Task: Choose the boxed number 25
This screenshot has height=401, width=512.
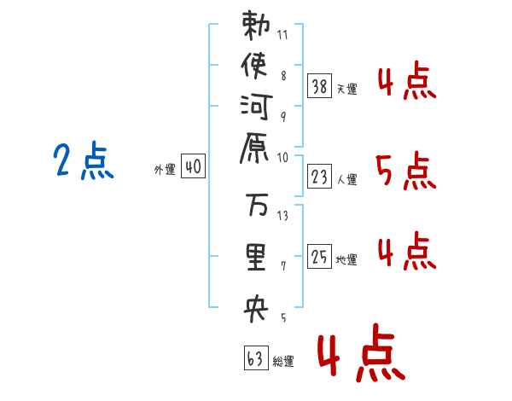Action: pyautogui.click(x=319, y=256)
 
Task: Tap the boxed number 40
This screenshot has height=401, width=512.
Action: pyautogui.click(x=193, y=168)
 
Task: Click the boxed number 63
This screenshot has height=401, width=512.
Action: pyautogui.click(x=254, y=359)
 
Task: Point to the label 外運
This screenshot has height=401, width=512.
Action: pyautogui.click(x=164, y=170)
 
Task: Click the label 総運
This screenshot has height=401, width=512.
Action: pyautogui.click(x=283, y=362)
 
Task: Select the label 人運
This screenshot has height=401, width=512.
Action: pyautogui.click(x=347, y=178)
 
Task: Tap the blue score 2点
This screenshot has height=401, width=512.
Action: pyautogui.click(x=84, y=162)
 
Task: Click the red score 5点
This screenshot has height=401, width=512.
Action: pyautogui.click(x=405, y=173)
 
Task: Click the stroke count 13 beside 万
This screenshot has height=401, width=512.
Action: pyautogui.click(x=283, y=215)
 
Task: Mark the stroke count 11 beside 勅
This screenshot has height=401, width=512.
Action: pyautogui.click(x=283, y=36)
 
